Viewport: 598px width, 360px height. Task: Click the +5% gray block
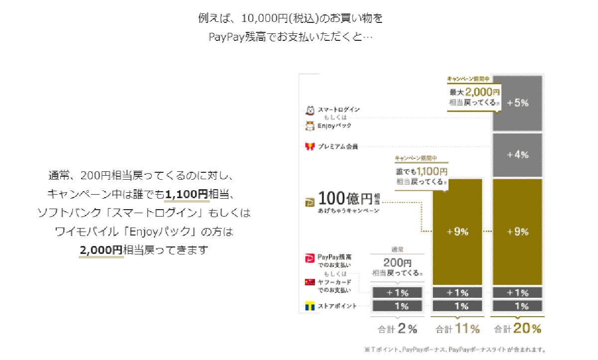click(517, 103)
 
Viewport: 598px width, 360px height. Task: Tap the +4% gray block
click(517, 155)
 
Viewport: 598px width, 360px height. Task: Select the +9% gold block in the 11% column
click(457, 232)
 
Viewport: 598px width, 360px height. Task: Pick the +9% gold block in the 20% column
click(517, 232)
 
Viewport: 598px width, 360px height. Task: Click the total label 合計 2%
click(397, 329)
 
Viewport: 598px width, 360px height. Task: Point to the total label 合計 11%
click(457, 329)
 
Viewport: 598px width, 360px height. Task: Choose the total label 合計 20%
click(517, 329)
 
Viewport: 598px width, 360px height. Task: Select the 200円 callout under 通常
click(397, 267)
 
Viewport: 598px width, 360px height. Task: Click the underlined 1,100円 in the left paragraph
click(187, 194)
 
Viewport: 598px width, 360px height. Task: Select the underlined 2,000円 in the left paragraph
click(101, 250)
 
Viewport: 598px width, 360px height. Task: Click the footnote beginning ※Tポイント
click(454, 349)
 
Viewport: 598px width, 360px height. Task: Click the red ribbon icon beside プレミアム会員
click(310, 146)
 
